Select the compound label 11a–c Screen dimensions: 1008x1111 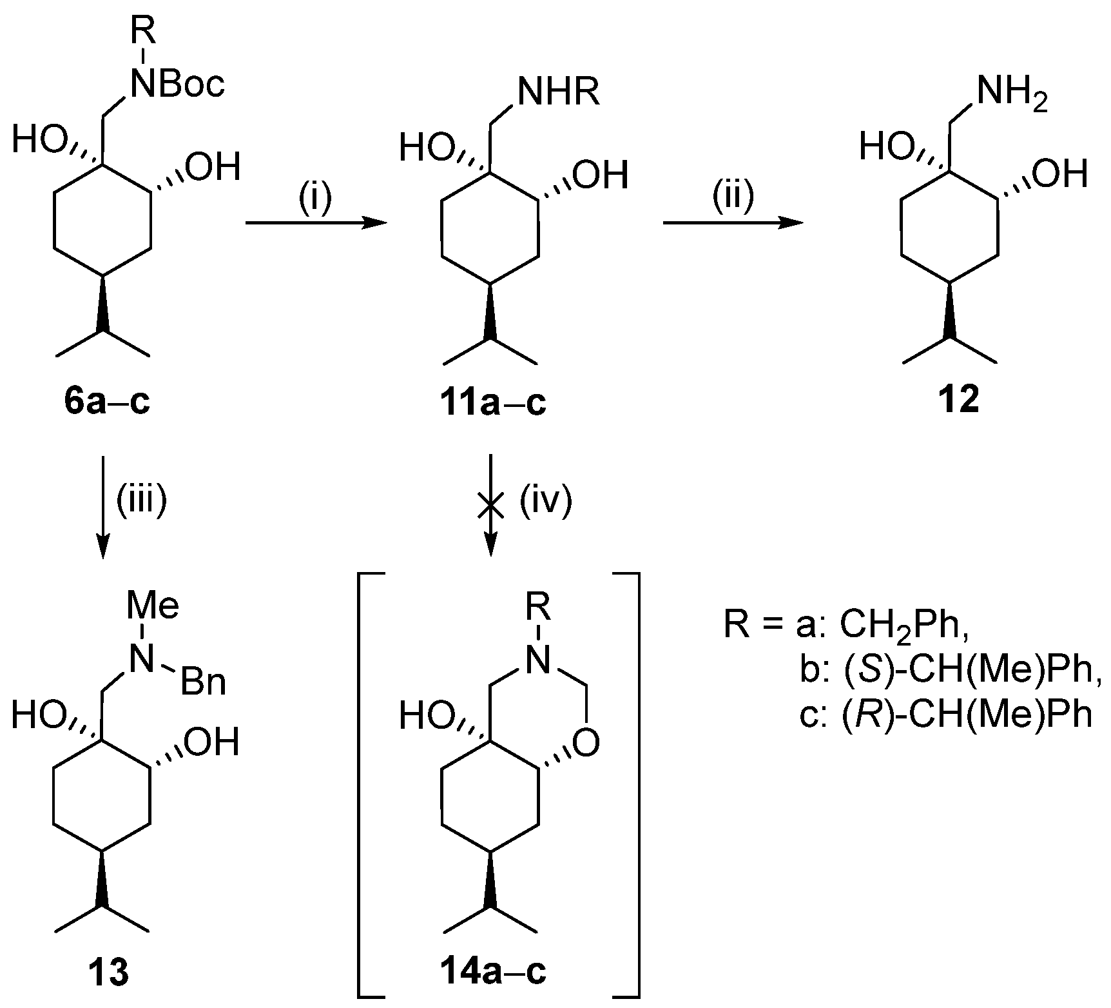pyautogui.click(x=494, y=403)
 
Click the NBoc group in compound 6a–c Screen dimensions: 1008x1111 pyautogui.click(x=177, y=84)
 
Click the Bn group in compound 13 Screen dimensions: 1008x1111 pyautogui.click(x=204, y=683)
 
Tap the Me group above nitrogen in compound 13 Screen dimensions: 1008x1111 pyautogui.click(x=152, y=607)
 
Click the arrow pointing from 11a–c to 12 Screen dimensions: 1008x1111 pyautogui.click(x=733, y=223)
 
